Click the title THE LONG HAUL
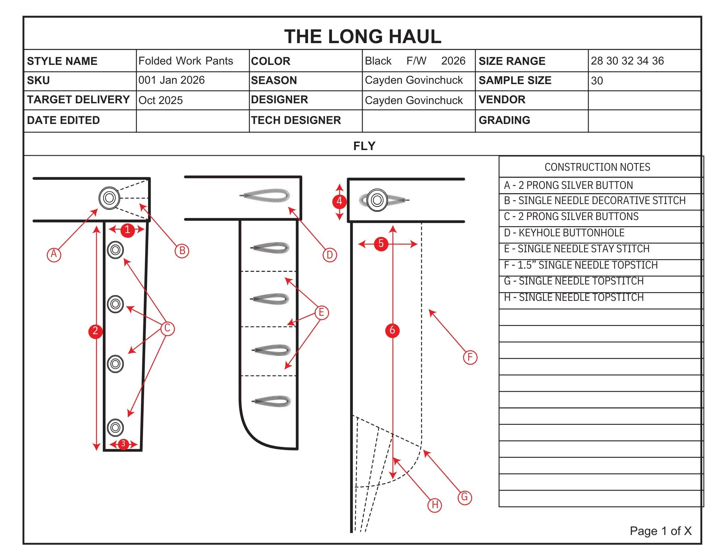tap(362, 37)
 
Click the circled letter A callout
tap(54, 254)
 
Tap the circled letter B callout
tap(182, 251)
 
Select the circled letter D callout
tap(329, 255)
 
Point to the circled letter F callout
tap(470, 357)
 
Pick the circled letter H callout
tap(435, 505)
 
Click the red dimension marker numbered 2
tap(96, 331)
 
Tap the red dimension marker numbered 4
tap(339, 201)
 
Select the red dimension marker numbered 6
tap(392, 330)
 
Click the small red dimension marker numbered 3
tap(123, 444)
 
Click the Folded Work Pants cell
tap(186, 61)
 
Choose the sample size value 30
tap(597, 81)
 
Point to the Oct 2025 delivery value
tap(161, 100)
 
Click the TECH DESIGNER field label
tap(296, 120)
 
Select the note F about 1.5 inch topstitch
tap(580, 265)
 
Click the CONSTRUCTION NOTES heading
tap(597, 167)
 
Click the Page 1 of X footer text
tap(660, 531)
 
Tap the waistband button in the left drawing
tap(109, 198)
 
